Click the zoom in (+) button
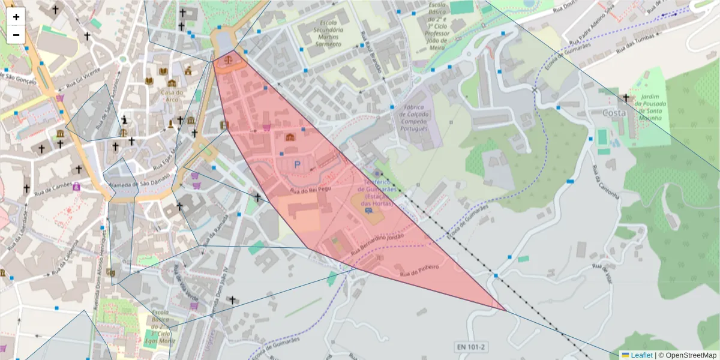click(16, 17)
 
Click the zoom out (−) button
click(16, 35)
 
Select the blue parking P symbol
click(296, 164)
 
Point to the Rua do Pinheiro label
click(420, 271)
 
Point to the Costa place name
click(614, 113)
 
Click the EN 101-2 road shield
click(470, 347)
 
